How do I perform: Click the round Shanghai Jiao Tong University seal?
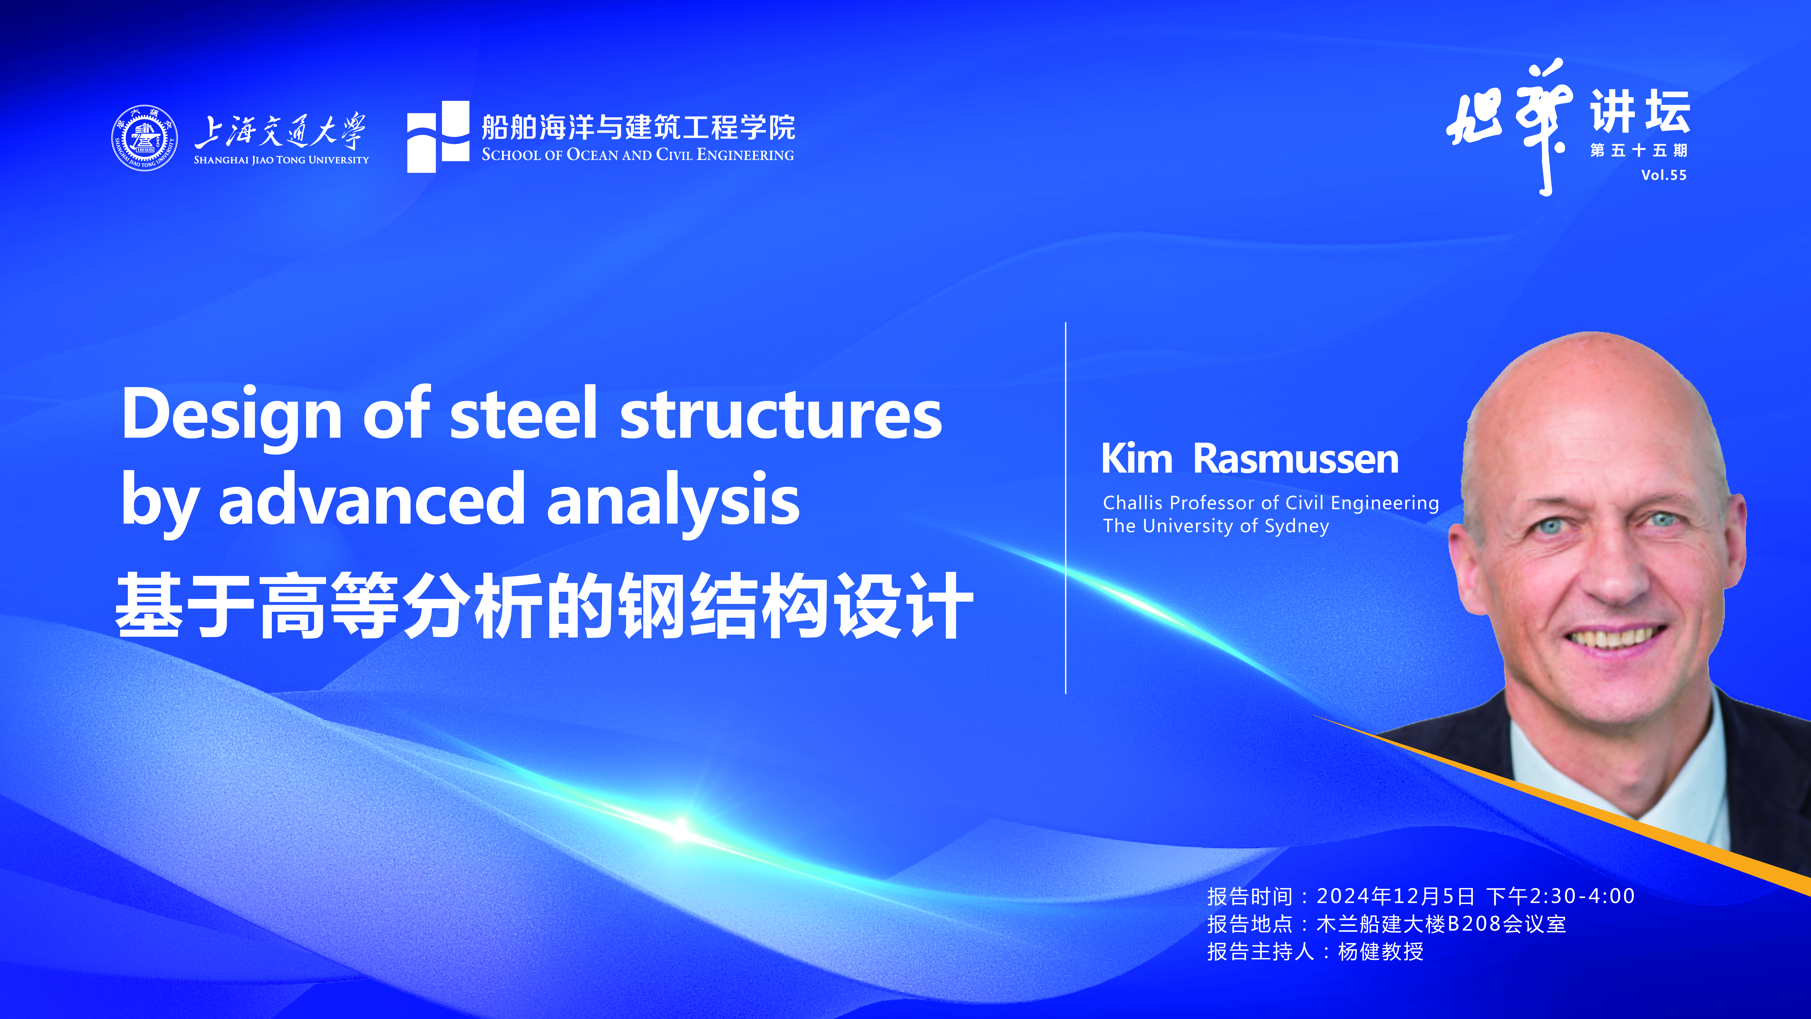click(x=144, y=138)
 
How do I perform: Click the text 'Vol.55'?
click(x=1663, y=175)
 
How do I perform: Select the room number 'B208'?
click(x=1475, y=923)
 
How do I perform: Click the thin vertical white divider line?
click(x=1066, y=508)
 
